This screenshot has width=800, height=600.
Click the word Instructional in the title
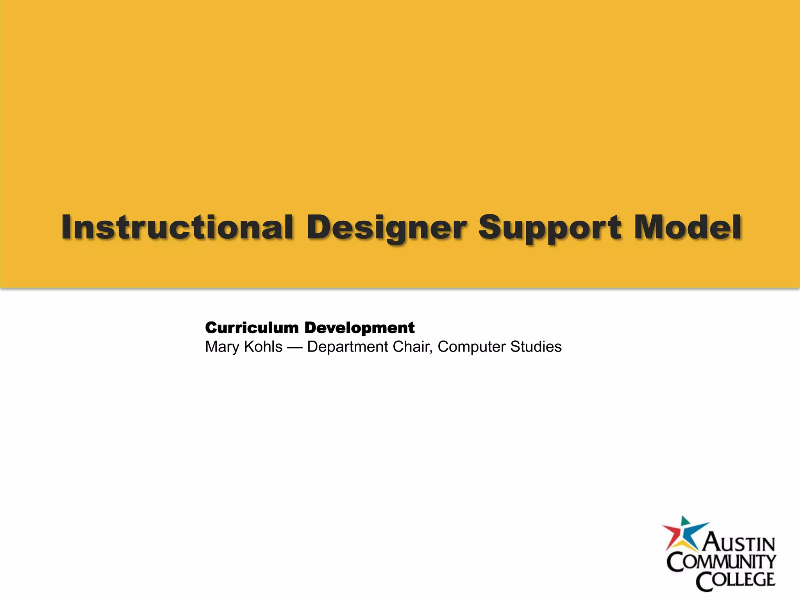[177, 227]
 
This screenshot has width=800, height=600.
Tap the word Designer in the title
[387, 228]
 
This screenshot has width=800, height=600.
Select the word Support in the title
[550, 228]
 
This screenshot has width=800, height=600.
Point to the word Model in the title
[687, 227]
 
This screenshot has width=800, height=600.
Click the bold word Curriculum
[252, 328]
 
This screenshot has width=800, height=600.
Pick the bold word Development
[359, 328]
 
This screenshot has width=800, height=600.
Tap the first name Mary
[222, 347]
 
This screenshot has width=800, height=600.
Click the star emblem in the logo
[684, 535]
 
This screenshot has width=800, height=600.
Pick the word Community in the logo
[721, 562]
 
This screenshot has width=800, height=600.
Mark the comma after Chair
[431, 351]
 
